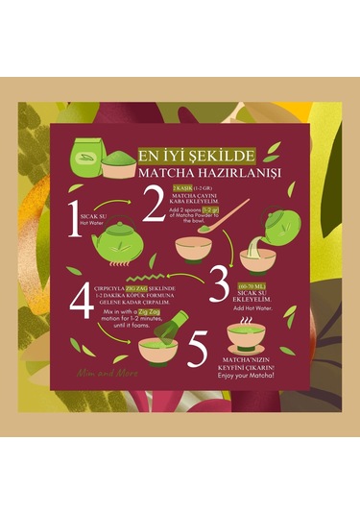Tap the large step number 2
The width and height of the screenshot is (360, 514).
coord(155,201)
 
